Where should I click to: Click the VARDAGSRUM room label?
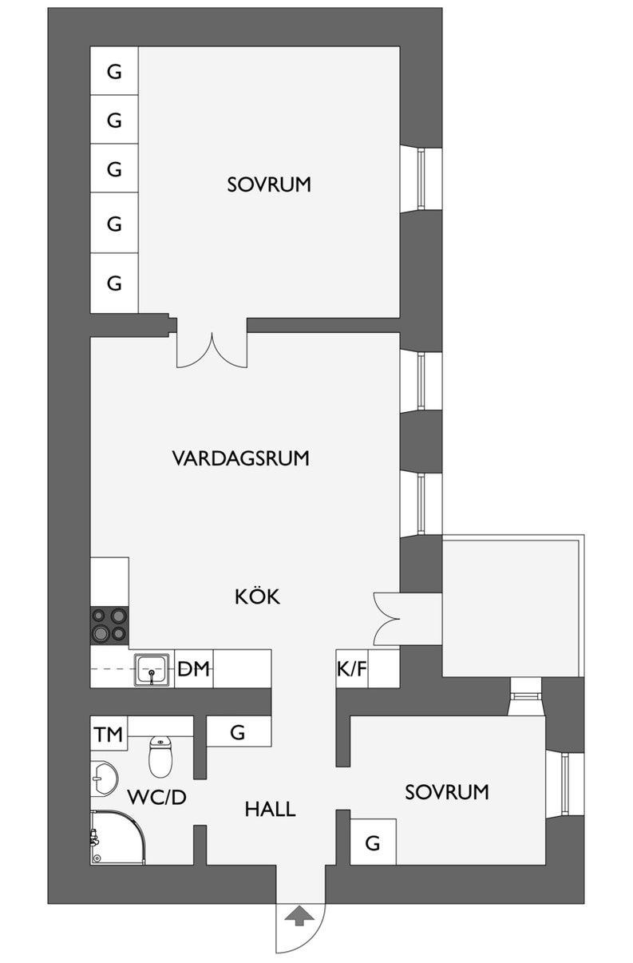tap(240, 458)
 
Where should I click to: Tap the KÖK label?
tap(257, 596)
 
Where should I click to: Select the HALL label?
tap(271, 809)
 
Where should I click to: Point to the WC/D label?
tap(157, 798)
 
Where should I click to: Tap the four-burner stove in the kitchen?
tap(109, 625)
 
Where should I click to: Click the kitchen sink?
tap(152, 670)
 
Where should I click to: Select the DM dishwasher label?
tap(193, 669)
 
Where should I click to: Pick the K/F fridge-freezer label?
tap(352, 669)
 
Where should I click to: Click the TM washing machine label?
tap(109, 735)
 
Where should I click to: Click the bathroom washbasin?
tap(104, 779)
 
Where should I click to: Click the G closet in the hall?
tap(238, 731)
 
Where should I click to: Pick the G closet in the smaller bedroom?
tap(373, 842)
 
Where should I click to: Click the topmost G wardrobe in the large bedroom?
tap(114, 70)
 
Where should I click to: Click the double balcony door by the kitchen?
tap(387, 619)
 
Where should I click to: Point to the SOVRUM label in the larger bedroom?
tap(269, 184)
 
